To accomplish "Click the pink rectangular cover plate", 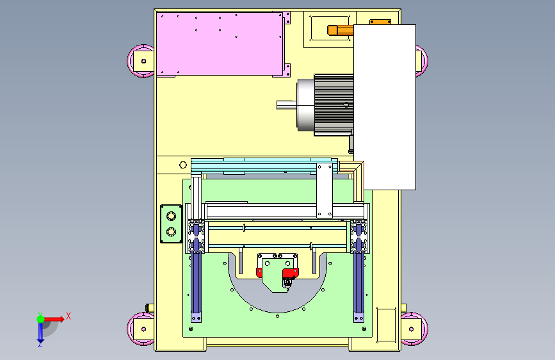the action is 220,44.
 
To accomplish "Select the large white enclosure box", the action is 385,106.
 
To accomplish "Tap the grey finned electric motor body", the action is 334,105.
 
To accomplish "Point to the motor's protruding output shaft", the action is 286,105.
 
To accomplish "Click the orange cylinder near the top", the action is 341,30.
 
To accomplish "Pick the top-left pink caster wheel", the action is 141,61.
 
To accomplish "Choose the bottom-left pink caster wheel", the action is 141,329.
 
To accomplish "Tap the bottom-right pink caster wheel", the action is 414,329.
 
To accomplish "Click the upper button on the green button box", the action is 171,216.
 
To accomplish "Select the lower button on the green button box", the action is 171,232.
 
